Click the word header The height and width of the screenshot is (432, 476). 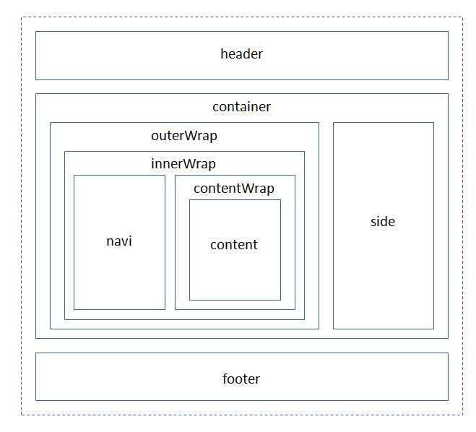click(x=241, y=54)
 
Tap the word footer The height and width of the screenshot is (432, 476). click(x=241, y=379)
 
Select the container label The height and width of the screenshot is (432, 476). click(x=241, y=107)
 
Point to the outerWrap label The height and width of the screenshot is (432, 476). click(x=184, y=136)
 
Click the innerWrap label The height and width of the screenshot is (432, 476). click(x=183, y=164)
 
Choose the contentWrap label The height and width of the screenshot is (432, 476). click(x=234, y=189)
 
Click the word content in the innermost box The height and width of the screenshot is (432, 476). click(x=234, y=245)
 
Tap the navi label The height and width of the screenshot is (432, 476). click(x=119, y=241)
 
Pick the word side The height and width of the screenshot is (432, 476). click(x=383, y=222)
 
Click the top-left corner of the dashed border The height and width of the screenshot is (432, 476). click(x=22, y=17)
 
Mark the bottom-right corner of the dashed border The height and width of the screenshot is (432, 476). click(x=463, y=415)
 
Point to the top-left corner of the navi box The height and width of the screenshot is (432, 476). click(x=74, y=176)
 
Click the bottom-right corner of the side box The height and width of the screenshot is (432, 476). click(x=433, y=329)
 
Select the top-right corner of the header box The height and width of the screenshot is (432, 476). click(x=448, y=32)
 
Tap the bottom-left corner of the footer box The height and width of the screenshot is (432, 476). click(x=36, y=400)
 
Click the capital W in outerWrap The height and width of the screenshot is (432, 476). click(x=190, y=135)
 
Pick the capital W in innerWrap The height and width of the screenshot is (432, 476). click(x=189, y=164)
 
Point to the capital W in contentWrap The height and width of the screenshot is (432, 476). click(x=248, y=189)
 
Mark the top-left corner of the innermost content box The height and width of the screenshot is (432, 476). click(x=190, y=200)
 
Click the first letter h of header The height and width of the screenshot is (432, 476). click(x=223, y=53)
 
